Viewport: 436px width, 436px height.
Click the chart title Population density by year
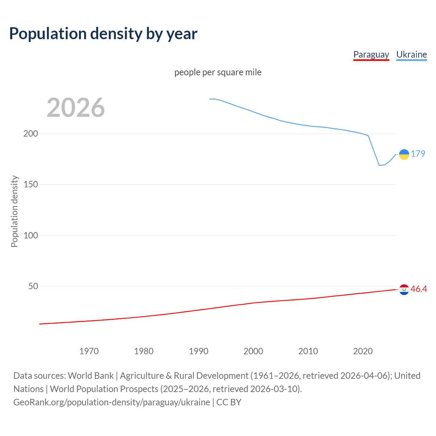[103, 34]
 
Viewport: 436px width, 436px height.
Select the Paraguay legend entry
[371, 54]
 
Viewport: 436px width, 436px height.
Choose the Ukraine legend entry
[411, 54]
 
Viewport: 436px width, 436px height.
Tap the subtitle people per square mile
[218, 72]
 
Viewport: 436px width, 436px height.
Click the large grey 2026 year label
[76, 108]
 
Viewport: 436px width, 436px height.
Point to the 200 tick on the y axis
[31, 134]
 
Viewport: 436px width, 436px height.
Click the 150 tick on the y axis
[31, 184]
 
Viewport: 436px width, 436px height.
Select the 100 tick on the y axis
[31, 235]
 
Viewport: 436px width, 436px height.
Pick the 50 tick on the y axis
[33, 286]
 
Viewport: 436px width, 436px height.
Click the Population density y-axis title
[14, 211]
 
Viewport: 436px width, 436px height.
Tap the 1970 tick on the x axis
[89, 351]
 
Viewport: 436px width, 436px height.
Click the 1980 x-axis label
[144, 351]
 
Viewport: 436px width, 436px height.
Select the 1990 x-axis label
[199, 351]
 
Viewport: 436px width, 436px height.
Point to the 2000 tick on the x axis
[253, 351]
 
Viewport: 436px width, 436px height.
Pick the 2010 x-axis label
[308, 351]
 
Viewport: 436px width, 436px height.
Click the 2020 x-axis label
[363, 351]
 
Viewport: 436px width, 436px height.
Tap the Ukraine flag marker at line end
[404, 154]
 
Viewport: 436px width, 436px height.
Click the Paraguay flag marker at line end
[404, 290]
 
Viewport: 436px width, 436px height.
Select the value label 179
[418, 154]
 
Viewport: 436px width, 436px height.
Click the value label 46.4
[419, 289]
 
